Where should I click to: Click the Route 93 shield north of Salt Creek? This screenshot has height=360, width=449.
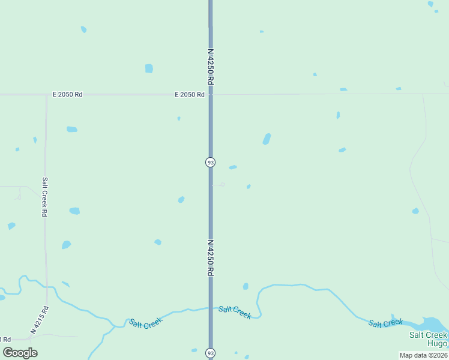[210, 162]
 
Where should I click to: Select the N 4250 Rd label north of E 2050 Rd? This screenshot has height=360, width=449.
[211, 66]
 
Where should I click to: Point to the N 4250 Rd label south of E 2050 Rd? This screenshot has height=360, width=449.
[211, 258]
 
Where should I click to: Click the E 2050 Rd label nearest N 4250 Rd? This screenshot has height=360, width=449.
[190, 94]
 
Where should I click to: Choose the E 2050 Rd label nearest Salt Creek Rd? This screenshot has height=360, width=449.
[67, 94]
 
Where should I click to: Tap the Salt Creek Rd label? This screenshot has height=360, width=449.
[44, 196]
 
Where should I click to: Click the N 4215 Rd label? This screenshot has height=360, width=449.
[40, 319]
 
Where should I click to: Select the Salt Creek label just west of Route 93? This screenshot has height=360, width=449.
[146, 322]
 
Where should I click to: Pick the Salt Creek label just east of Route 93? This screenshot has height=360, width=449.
[235, 312]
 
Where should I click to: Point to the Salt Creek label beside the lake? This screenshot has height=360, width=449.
[385, 323]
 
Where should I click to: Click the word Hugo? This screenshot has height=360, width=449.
[437, 344]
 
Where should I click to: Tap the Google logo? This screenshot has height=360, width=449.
[20, 352]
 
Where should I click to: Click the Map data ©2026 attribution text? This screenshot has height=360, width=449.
[424, 355]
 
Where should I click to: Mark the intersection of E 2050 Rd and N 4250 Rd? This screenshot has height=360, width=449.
[210, 94]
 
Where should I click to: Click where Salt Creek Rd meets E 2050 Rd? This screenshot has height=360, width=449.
[46, 94]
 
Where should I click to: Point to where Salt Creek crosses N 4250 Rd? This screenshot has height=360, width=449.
[210, 308]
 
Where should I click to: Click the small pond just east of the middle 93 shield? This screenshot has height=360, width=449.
[233, 167]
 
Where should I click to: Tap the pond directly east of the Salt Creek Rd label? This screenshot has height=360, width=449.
[74, 211]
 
